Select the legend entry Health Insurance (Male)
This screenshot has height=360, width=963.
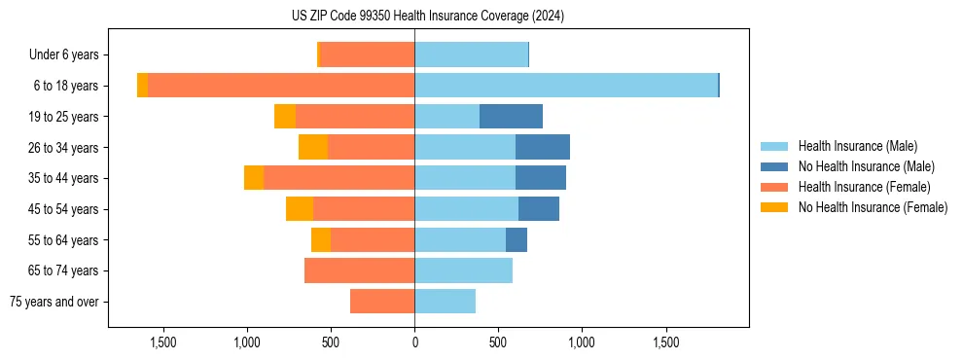click(857, 146)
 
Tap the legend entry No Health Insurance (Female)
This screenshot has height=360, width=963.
click(873, 207)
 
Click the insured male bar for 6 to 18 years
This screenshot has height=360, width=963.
click(566, 86)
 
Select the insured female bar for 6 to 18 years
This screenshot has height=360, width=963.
click(281, 86)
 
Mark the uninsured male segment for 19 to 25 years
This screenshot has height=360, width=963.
click(511, 117)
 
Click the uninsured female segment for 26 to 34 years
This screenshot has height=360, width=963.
click(313, 147)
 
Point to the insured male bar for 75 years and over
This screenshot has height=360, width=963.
click(445, 302)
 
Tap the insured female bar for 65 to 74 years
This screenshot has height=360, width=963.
click(359, 270)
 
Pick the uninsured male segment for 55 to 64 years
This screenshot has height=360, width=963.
click(517, 239)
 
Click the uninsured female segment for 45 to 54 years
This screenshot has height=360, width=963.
click(300, 209)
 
